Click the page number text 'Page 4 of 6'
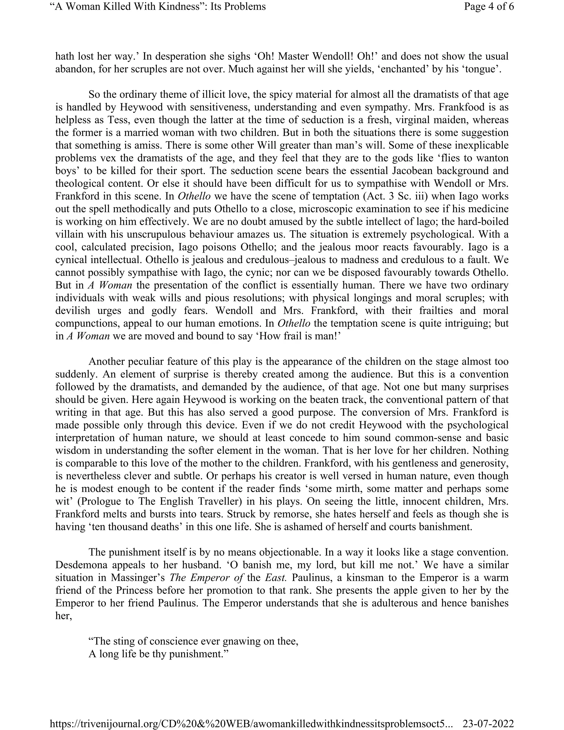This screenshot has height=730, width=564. (489, 6)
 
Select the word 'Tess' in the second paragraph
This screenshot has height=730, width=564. (116, 120)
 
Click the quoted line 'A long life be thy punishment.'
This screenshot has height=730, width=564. (158, 654)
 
